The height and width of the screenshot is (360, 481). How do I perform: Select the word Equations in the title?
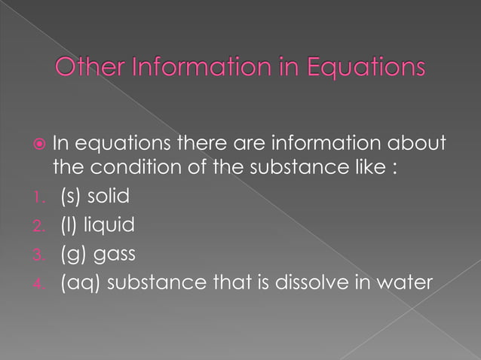coord(365,69)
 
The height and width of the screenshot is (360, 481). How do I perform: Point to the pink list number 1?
coord(41,197)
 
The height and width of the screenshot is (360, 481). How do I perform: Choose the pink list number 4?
coord(41,283)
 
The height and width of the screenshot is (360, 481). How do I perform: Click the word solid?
coord(109,197)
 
